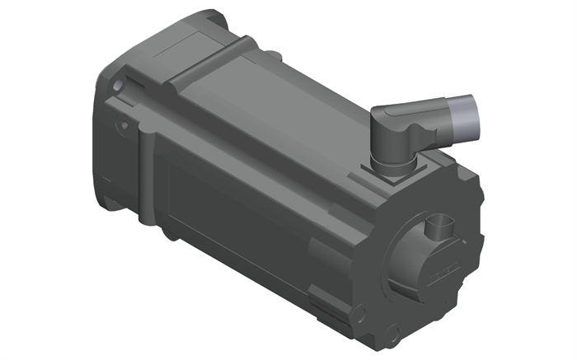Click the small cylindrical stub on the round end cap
click(439, 226)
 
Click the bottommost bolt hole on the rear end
click(393, 335)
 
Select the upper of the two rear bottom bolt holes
click(360, 313)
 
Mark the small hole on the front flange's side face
click(124, 125)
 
